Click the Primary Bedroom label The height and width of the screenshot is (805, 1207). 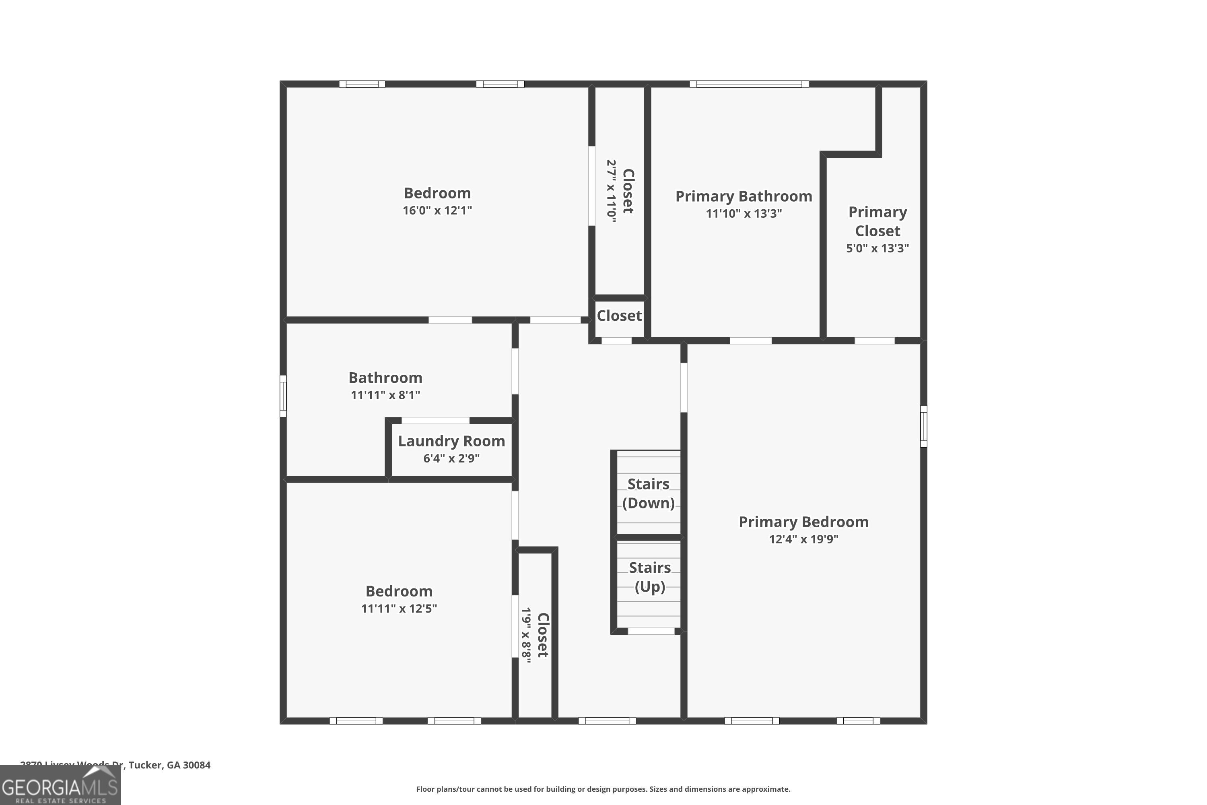(x=803, y=522)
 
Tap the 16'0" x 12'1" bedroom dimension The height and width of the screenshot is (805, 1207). (x=437, y=211)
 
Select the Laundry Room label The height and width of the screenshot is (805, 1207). (x=451, y=441)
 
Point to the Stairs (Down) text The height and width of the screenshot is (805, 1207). (x=648, y=493)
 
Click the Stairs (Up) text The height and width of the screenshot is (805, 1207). (x=649, y=577)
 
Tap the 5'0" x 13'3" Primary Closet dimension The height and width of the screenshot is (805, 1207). (x=877, y=248)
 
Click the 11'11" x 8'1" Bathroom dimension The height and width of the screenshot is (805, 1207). (x=385, y=395)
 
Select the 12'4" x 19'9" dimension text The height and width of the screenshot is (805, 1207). (x=803, y=539)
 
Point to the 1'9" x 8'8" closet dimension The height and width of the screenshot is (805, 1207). (x=526, y=635)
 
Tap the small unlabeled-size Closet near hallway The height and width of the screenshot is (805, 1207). (x=619, y=316)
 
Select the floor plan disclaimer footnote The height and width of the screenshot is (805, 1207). (x=603, y=789)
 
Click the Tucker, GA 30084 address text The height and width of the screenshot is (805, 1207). (x=169, y=765)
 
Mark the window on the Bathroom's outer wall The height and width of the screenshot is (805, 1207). (x=283, y=396)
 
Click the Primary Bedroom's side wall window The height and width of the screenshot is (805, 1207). (x=923, y=426)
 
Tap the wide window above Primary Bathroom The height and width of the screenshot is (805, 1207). (x=749, y=84)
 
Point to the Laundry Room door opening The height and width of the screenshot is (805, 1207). (x=435, y=421)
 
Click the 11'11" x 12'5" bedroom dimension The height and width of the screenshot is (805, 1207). (x=399, y=608)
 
